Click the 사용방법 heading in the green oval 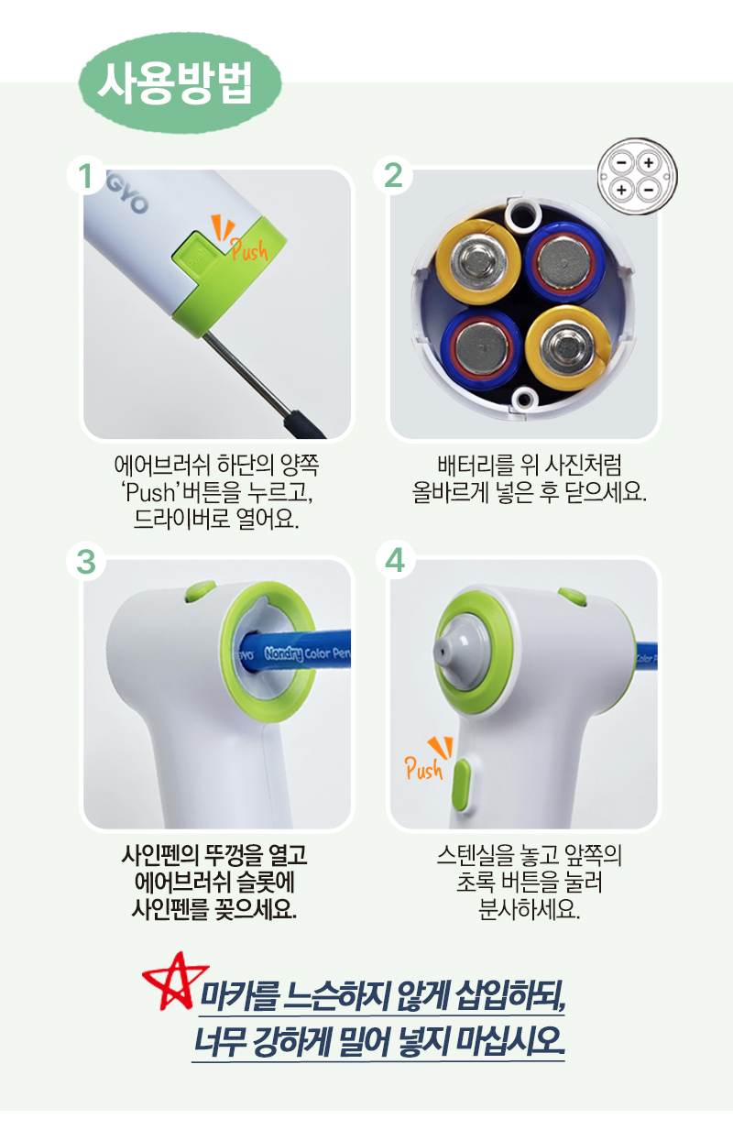(x=175, y=83)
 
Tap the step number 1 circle (x=86, y=175)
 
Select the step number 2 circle (x=393, y=175)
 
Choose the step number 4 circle (x=395, y=560)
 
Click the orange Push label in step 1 (x=249, y=249)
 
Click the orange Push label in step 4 (x=424, y=768)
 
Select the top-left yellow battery (x=477, y=262)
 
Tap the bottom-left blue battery (x=481, y=349)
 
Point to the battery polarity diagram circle (x=637, y=176)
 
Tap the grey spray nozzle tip (x=441, y=651)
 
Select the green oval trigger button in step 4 (x=462, y=784)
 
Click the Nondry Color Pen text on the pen (x=307, y=653)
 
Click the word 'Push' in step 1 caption (x=149, y=492)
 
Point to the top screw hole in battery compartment (x=521, y=215)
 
